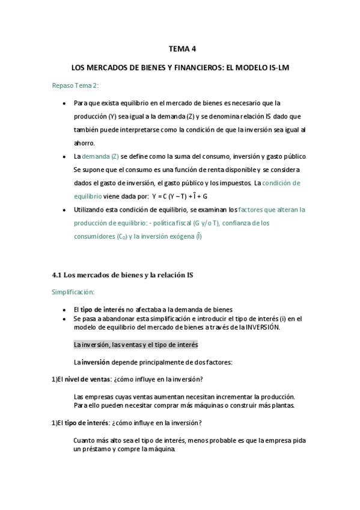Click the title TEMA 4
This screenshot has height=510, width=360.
[x=180, y=50]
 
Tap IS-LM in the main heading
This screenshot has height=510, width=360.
[x=278, y=68]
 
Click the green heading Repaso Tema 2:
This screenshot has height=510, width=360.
[x=75, y=85]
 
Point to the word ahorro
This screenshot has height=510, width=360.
[x=84, y=143]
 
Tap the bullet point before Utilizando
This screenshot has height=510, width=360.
[x=65, y=210]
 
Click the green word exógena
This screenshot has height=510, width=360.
[x=180, y=236]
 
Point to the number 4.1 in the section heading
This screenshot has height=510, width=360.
[x=58, y=275]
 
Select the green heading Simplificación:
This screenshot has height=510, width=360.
[x=74, y=292]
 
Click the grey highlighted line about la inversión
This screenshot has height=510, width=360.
[x=136, y=345]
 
